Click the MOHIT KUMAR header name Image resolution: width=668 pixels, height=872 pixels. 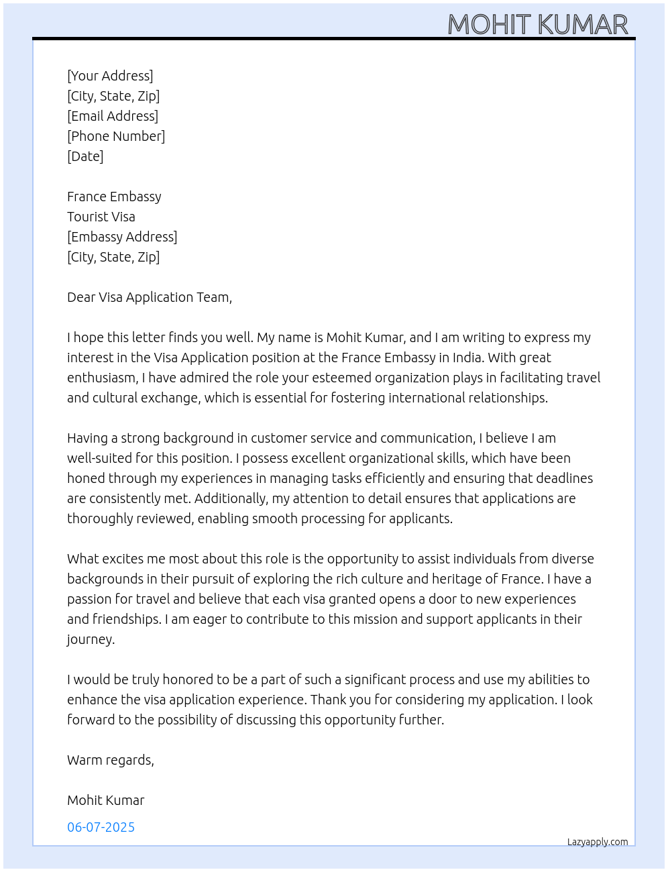pyautogui.click(x=537, y=25)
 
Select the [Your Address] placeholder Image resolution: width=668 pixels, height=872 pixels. pyautogui.click(x=110, y=76)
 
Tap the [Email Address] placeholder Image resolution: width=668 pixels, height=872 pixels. pyautogui.click(x=113, y=116)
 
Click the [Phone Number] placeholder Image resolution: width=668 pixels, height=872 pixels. pyautogui.click(x=116, y=136)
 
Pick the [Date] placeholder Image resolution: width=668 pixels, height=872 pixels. pyautogui.click(x=85, y=156)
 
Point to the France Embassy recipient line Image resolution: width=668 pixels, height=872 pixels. pyautogui.click(x=114, y=197)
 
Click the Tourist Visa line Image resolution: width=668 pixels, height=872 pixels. pyautogui.click(x=101, y=217)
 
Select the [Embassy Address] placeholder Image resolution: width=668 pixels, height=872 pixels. pyautogui.click(x=122, y=237)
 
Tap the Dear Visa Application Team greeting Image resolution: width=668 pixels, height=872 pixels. pyautogui.click(x=150, y=297)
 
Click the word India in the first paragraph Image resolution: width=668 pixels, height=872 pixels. pyautogui.click(x=467, y=358)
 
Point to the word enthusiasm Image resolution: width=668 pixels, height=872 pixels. pyautogui.click(x=102, y=378)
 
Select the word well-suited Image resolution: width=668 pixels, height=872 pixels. pyautogui.click(x=101, y=458)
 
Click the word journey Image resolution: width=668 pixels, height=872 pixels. pyautogui.click(x=90, y=639)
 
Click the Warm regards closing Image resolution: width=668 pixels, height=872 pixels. pyautogui.click(x=111, y=760)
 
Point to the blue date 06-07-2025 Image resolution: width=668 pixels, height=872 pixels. pyautogui.click(x=101, y=827)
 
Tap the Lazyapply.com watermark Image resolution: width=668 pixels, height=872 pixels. pyautogui.click(x=598, y=842)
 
